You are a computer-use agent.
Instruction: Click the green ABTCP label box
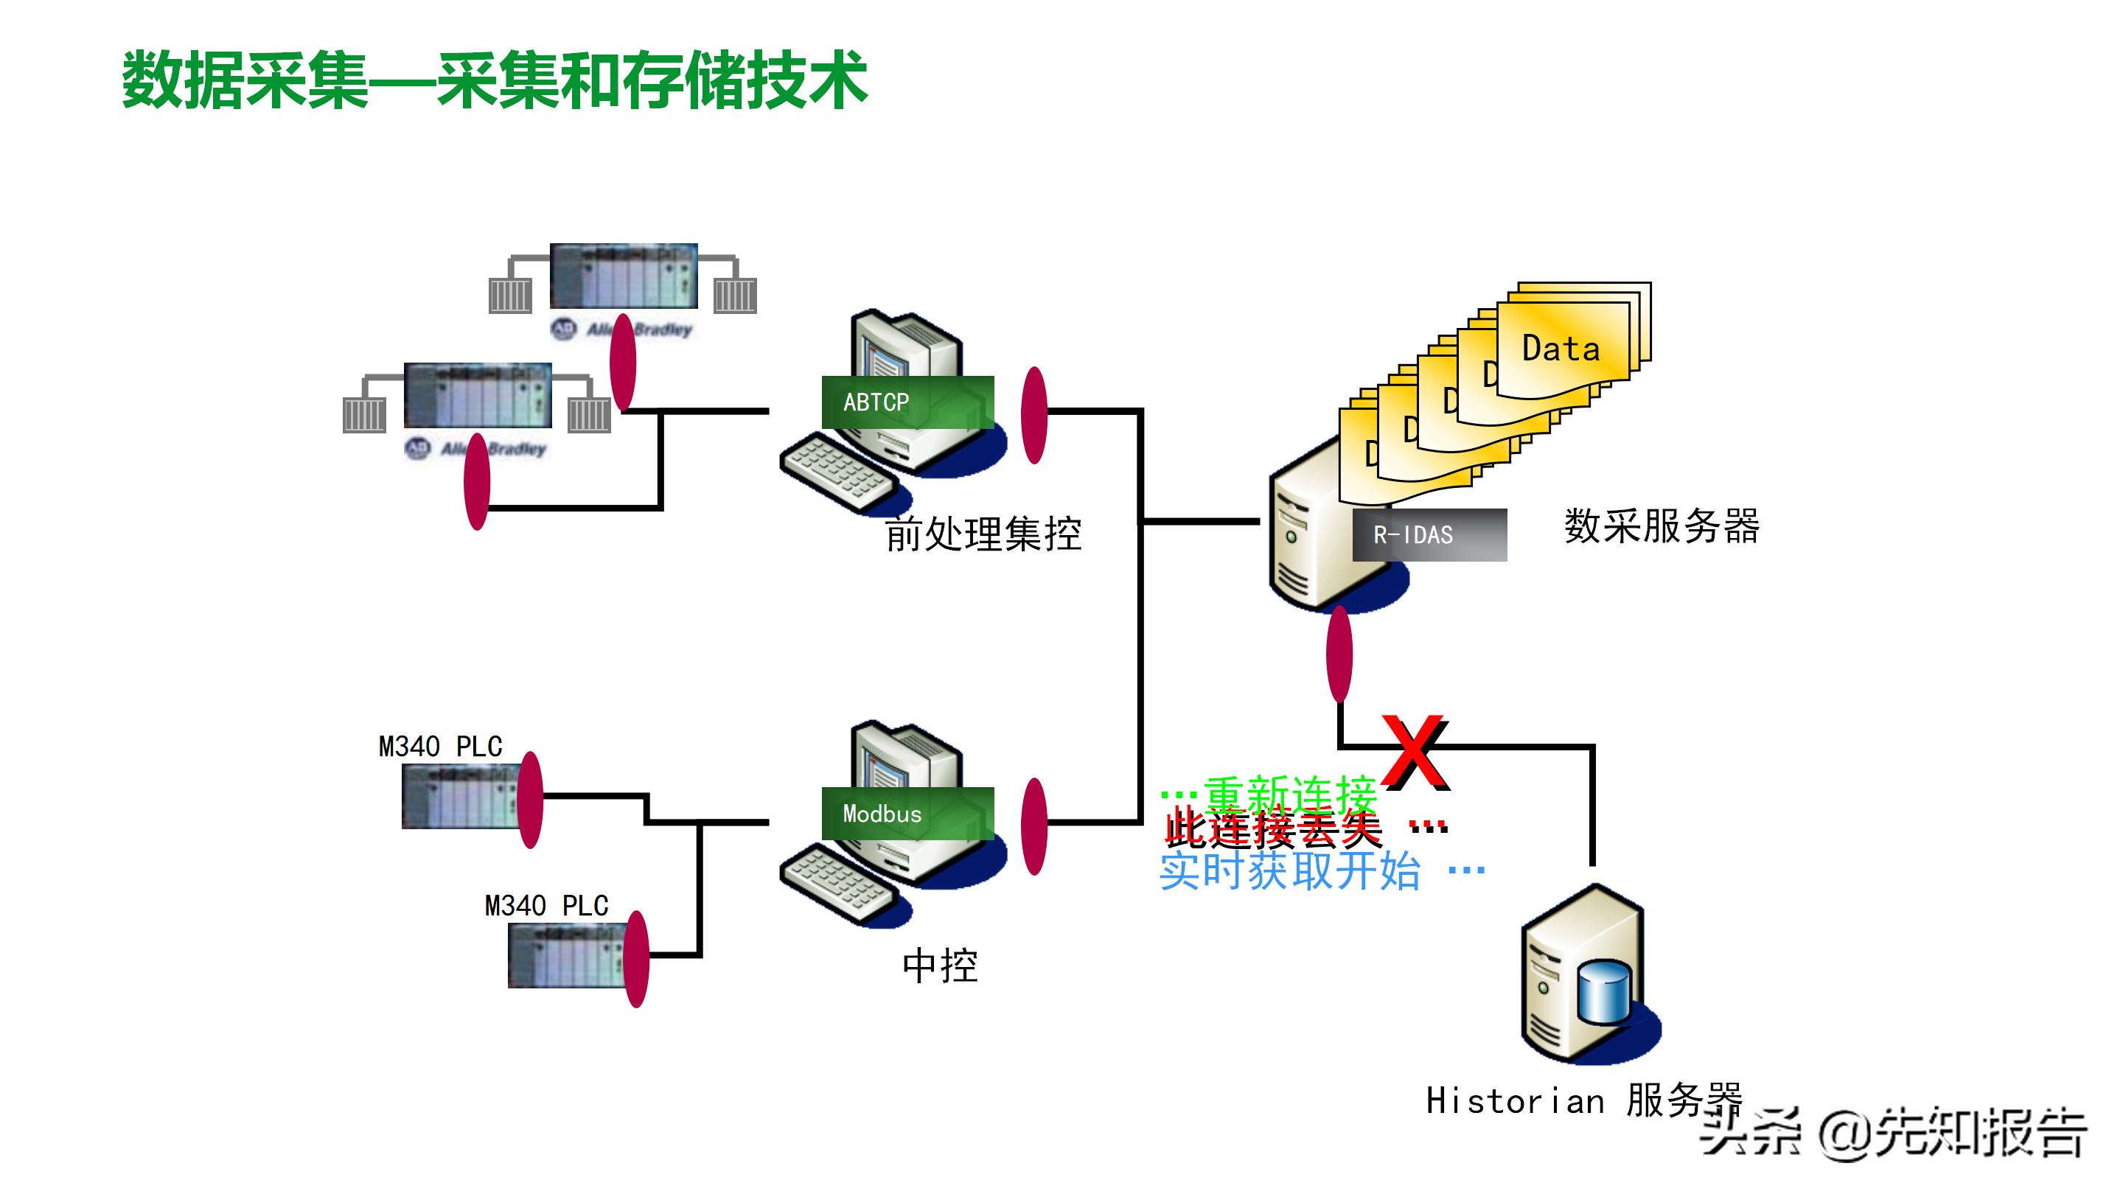(907, 402)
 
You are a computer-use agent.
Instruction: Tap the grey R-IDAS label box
(1429, 535)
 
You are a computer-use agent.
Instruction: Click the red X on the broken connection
(1415, 752)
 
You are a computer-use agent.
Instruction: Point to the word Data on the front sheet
(1560, 349)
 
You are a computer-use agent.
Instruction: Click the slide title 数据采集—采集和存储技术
(495, 80)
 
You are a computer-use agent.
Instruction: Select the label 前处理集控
(983, 534)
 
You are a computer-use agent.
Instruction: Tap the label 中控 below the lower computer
(940, 965)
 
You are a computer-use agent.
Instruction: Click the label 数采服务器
(1661, 526)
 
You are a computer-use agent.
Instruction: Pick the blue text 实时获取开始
(1290, 871)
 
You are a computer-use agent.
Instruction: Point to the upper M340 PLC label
(440, 747)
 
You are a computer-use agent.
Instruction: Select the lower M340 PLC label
(546, 906)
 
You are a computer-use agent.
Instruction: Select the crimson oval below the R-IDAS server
(1339, 654)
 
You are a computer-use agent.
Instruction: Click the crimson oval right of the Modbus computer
(1033, 825)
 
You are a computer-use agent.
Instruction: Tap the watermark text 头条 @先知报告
(1892, 1134)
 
